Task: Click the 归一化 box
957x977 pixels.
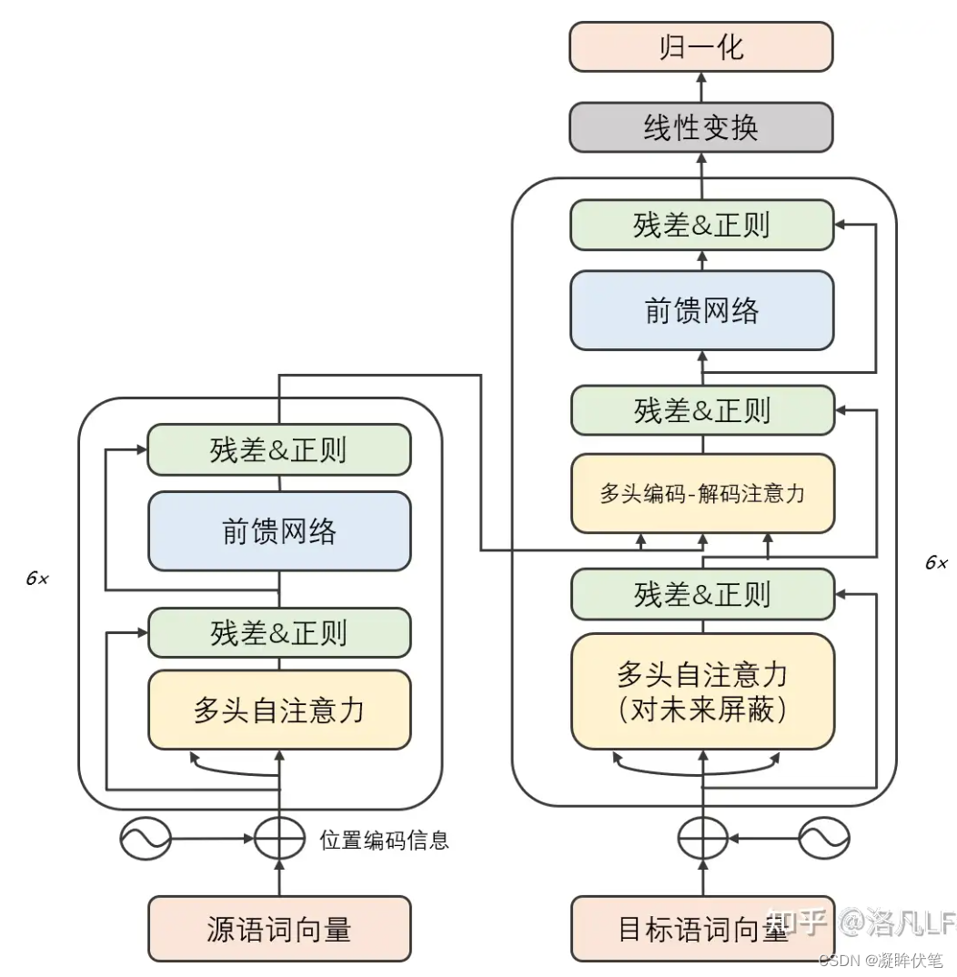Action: tap(700, 47)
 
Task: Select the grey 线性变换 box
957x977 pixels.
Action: tap(700, 127)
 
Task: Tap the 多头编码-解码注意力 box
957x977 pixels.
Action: tap(702, 494)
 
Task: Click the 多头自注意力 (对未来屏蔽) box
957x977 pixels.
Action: tap(702, 691)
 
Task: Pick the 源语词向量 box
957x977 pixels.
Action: tap(279, 929)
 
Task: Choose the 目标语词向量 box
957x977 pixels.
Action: tap(702, 929)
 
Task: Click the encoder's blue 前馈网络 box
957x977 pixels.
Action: tap(279, 531)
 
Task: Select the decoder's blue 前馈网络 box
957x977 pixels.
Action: tap(702, 310)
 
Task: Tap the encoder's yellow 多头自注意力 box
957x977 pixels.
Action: tap(279, 710)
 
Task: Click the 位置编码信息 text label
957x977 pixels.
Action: tap(384, 840)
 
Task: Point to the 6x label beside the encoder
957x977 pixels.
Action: tap(37, 579)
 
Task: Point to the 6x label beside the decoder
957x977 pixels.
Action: tap(936, 563)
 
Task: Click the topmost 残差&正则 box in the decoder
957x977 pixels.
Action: tap(702, 225)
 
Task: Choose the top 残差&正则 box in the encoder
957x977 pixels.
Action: tap(279, 449)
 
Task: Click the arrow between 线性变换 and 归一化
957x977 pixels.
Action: tap(701, 87)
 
